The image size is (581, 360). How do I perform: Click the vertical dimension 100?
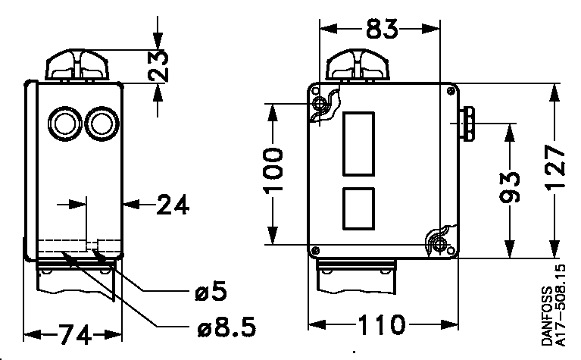pos(275,171)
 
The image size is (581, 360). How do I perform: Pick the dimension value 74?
pos(73,333)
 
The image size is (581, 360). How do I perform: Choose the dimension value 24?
pos(172,205)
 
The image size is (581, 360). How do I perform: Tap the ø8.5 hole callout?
pos(223,327)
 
